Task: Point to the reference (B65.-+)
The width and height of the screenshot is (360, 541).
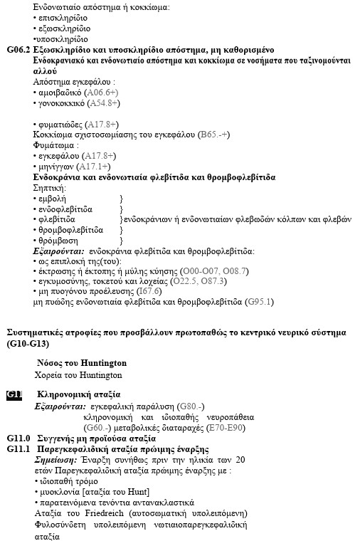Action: tap(211, 134)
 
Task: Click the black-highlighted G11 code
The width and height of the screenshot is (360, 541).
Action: tap(15, 394)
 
